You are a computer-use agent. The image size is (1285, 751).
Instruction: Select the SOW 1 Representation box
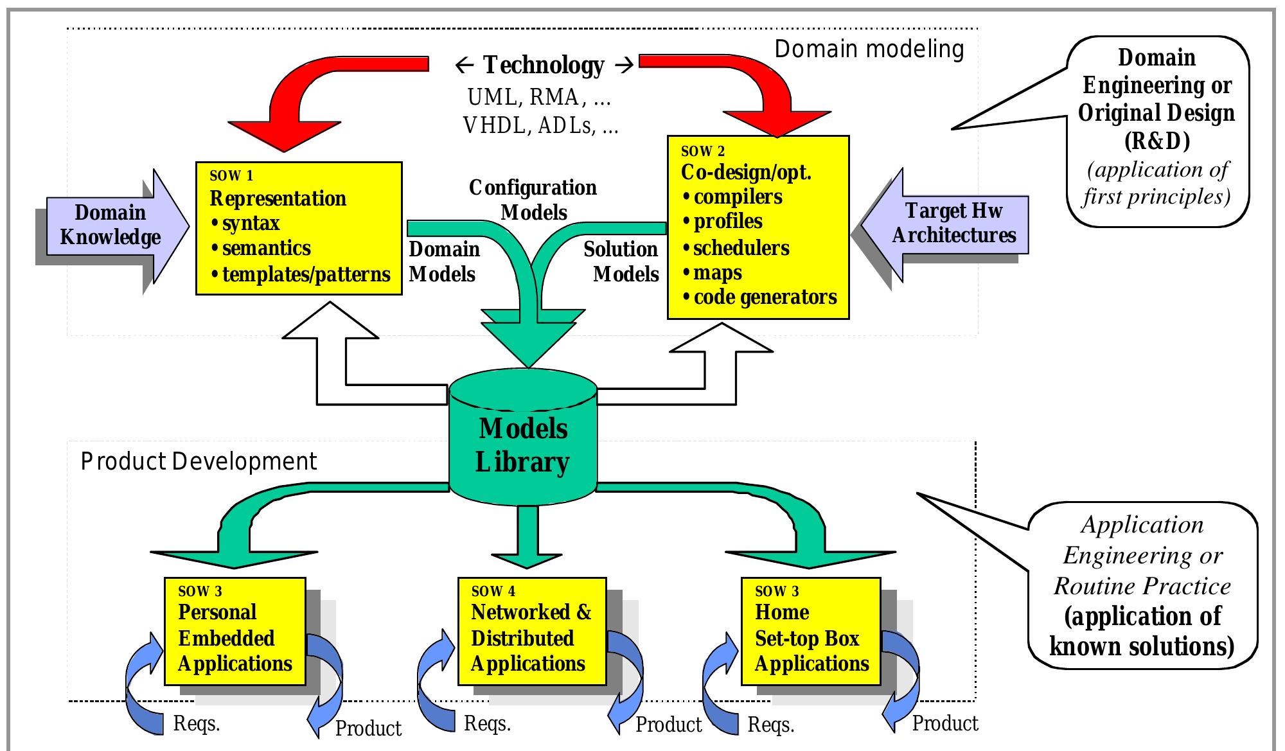[299, 228]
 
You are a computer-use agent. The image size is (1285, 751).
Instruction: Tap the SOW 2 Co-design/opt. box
[758, 227]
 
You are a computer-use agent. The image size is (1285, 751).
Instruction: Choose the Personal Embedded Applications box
[235, 631]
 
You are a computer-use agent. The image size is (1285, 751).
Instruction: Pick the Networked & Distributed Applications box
[531, 631]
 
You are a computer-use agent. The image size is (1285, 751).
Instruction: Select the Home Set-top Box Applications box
[811, 631]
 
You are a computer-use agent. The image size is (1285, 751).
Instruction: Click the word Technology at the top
[544, 65]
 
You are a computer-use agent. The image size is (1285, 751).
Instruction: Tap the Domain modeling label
[869, 49]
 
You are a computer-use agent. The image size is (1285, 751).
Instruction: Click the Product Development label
[199, 462]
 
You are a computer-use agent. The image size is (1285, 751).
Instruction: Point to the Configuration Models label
[533, 200]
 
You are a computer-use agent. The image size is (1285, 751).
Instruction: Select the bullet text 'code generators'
[765, 297]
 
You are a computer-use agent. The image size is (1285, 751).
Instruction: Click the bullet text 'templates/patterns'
[306, 275]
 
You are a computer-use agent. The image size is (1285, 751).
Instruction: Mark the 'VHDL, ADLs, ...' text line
[540, 125]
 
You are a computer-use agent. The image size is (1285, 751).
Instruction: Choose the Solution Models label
[621, 261]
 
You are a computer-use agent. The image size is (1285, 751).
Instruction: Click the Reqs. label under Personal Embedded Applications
[197, 724]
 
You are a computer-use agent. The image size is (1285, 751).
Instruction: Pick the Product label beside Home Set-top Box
[945, 723]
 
